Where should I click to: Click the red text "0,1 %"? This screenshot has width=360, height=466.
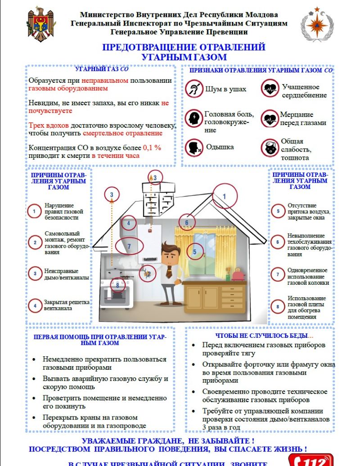[152, 148]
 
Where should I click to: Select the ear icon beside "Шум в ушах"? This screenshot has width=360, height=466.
[194, 88]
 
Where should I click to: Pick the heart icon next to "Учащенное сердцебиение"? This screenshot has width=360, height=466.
[270, 88]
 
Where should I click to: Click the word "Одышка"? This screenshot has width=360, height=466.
[220, 147]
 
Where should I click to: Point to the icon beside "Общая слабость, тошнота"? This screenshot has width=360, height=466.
[270, 148]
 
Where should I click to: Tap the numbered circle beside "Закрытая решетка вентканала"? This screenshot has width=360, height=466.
[35, 305]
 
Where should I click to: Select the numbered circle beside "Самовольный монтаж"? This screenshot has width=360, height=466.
[35, 242]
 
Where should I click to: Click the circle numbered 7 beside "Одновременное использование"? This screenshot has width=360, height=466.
[278, 274]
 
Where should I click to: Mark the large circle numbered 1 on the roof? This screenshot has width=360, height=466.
[224, 196]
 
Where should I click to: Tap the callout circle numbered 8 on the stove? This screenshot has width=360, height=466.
[117, 285]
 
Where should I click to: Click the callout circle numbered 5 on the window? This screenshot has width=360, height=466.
[194, 251]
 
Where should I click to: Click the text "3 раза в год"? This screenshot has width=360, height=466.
[221, 427]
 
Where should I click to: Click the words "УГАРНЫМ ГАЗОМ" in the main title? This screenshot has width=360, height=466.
[184, 57]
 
